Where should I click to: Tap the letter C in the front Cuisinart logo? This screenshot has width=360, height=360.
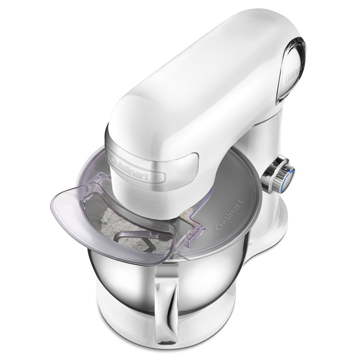(112, 158)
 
